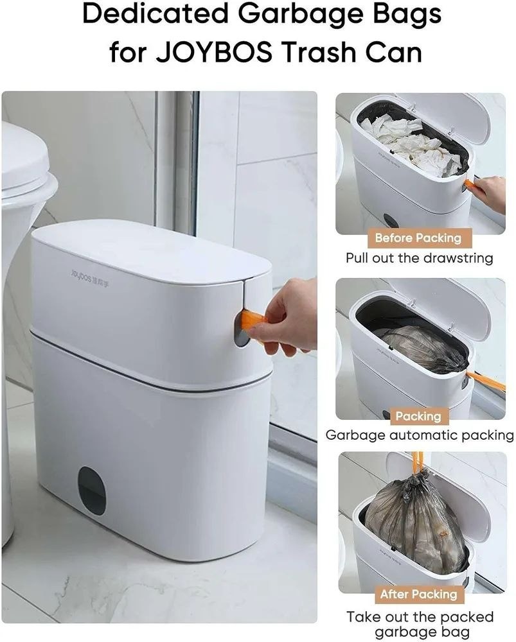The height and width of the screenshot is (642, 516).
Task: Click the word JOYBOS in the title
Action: (x=213, y=52)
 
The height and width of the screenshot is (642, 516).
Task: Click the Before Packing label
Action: (x=418, y=238)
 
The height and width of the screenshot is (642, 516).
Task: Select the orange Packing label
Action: (x=418, y=417)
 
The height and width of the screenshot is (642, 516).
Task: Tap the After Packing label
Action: (x=418, y=594)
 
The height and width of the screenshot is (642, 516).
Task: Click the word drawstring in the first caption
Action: (x=458, y=258)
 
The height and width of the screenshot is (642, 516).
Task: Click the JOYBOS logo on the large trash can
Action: (x=90, y=277)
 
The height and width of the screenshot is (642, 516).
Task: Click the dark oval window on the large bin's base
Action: (x=92, y=490)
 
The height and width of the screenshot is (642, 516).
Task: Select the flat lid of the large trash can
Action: (x=151, y=250)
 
